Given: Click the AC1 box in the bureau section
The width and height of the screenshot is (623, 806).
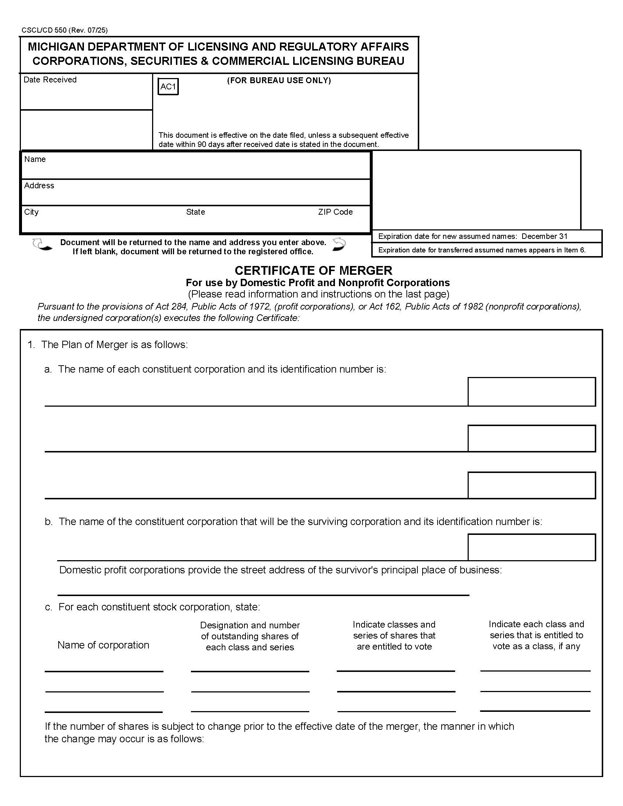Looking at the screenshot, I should tap(168, 87).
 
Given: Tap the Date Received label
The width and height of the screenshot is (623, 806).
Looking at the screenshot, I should tap(50, 80).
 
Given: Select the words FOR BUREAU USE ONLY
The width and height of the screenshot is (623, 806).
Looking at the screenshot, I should tap(279, 81).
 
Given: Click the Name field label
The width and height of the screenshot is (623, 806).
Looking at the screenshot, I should tap(35, 159).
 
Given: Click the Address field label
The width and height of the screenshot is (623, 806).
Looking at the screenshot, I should tap(39, 185).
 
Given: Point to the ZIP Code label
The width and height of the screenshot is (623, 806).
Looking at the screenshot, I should tap(335, 212).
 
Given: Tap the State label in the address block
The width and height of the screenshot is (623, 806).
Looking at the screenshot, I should tap(195, 212).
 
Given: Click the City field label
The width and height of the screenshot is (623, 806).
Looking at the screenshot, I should tap(31, 212).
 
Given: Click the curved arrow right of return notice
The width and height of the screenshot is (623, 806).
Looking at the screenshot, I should tap(339, 244).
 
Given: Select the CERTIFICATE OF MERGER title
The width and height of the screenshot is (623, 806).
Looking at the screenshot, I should tap(313, 270).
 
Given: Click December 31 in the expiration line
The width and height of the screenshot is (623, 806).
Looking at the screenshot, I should tap(544, 236).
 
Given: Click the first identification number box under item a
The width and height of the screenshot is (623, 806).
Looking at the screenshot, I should tap(531, 392).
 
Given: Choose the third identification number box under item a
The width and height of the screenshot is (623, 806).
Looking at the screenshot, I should tap(531, 485).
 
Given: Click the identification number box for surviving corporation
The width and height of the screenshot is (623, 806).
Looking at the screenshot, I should tap(531, 547).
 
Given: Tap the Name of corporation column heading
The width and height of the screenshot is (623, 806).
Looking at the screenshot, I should tap(103, 645).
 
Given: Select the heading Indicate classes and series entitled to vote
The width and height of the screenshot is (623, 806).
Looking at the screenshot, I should tap(394, 635).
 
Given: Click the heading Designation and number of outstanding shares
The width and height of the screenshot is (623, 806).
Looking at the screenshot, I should tap(250, 636).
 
